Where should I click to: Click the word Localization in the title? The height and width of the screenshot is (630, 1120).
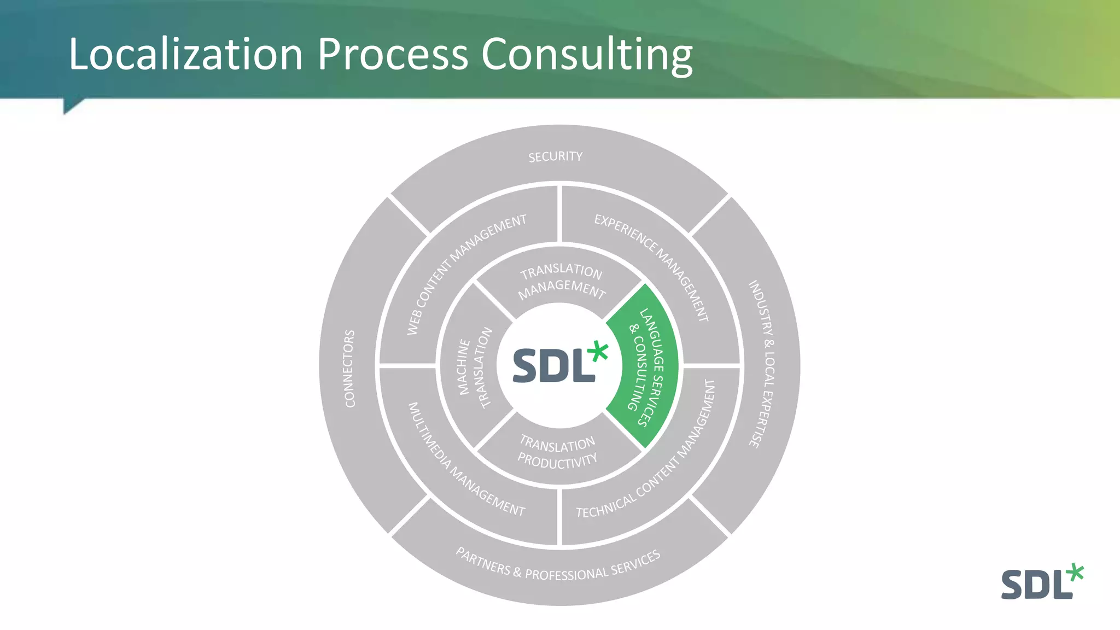185,55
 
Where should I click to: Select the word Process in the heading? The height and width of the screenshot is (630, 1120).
392,55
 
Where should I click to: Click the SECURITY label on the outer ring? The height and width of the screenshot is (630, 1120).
555,157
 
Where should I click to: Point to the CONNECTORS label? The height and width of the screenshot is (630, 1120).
349,369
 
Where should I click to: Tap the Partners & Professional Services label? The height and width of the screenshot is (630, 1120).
558,565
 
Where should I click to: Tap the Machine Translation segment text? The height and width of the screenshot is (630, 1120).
474,367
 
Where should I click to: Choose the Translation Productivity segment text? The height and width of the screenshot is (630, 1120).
557,453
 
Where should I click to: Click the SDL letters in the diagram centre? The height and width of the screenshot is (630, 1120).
552,366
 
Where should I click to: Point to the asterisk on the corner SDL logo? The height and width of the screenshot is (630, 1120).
1075,572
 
